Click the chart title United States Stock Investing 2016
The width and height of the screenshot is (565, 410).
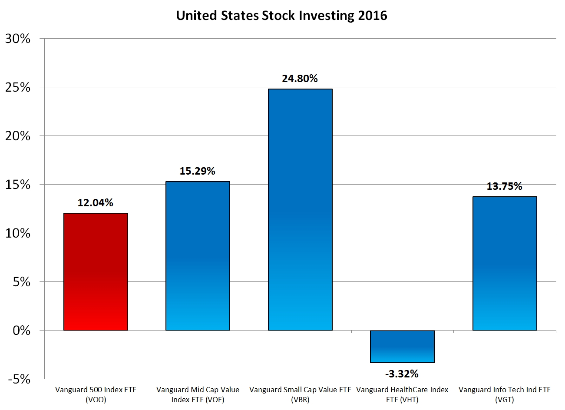[281, 16]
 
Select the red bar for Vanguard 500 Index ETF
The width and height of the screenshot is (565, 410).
[96, 271]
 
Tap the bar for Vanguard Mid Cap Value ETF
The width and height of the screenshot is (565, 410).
[198, 256]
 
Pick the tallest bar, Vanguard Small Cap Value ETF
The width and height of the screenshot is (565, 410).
[300, 210]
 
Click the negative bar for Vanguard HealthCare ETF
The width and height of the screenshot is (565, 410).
[402, 347]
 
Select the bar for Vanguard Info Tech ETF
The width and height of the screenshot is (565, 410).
[505, 264]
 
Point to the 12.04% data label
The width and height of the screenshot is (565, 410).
[96, 203]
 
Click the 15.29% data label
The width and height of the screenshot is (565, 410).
[198, 171]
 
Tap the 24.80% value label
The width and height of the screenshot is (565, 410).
[300, 79]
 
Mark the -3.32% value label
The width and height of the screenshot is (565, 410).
[402, 374]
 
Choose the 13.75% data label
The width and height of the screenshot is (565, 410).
[505, 186]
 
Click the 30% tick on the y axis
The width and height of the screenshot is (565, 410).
[18, 39]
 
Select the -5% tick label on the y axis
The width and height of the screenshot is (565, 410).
[18, 379]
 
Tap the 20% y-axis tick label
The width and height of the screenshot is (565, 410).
[18, 136]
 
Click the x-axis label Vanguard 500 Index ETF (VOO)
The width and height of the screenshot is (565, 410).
[96, 394]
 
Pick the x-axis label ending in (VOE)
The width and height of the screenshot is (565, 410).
[198, 394]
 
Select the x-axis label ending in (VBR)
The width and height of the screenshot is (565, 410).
[300, 394]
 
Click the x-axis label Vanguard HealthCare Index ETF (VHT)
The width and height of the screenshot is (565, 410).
[402, 394]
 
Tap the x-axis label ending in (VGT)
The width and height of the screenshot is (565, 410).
[505, 394]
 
